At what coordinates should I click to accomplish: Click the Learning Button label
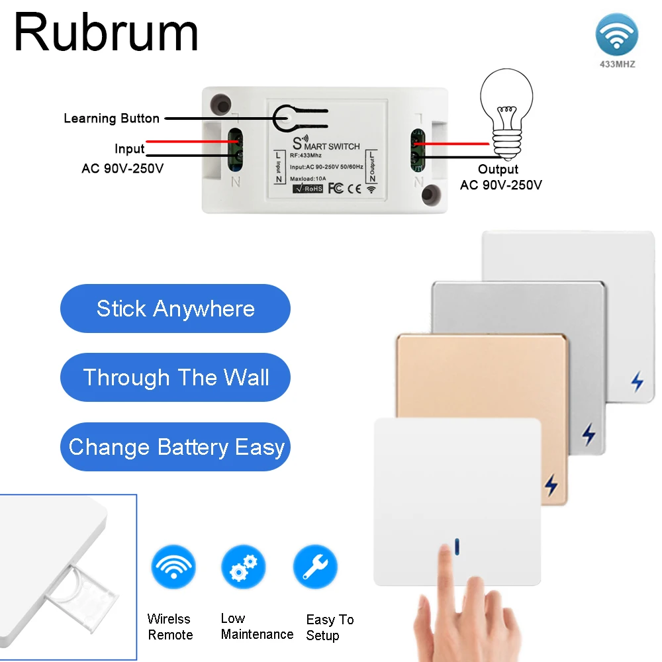pos(111,118)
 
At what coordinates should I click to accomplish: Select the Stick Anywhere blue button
pos(175,308)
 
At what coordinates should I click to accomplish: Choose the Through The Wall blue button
pos(175,377)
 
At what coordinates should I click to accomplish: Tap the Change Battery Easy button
pos(175,447)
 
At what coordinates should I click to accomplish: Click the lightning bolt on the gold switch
pos(551,485)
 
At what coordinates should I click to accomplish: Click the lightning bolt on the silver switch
pos(588,434)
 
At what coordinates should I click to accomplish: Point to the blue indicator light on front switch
pos(457,546)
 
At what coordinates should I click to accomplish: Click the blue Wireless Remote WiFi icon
pos(173,567)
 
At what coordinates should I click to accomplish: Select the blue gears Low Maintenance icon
pos(243,567)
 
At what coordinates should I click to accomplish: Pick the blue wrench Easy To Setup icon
pos(315,567)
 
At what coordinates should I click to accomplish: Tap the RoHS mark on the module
pos(308,188)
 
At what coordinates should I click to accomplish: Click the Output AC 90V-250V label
pos(500,177)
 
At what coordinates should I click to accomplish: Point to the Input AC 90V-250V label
pos(123,159)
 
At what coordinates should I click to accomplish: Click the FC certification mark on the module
pos(336,188)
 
